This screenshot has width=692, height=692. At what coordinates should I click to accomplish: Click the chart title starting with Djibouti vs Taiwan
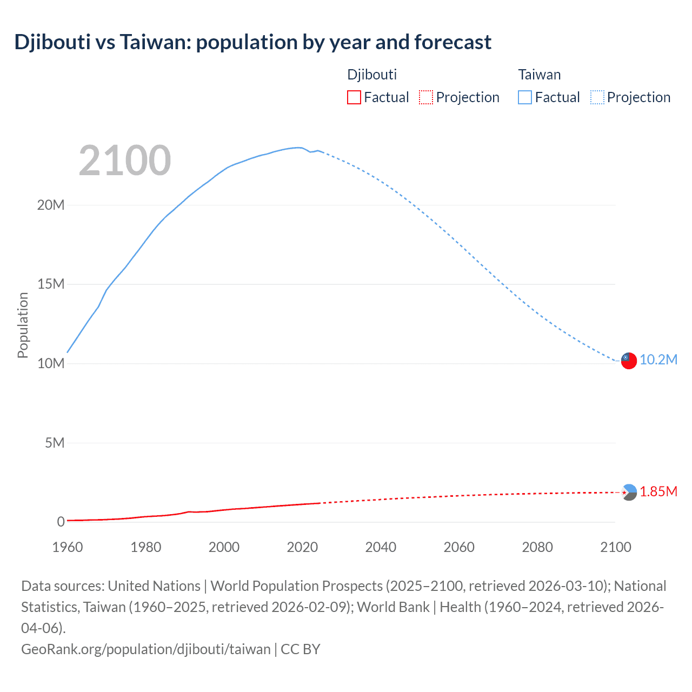click(x=252, y=42)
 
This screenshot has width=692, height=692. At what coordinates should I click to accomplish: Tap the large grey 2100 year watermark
click(x=125, y=161)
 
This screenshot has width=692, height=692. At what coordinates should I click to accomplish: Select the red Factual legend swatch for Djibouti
click(x=354, y=97)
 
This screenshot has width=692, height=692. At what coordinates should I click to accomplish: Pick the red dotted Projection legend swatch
click(x=426, y=97)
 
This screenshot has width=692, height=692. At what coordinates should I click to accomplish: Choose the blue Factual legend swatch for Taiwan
click(x=524, y=97)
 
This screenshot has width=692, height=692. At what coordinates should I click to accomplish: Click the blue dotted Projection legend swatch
click(x=597, y=97)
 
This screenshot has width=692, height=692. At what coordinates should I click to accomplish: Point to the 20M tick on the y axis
click(x=51, y=205)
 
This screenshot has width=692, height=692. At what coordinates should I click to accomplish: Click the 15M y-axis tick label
click(x=51, y=284)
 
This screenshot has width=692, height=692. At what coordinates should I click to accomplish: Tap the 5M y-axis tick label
click(x=54, y=443)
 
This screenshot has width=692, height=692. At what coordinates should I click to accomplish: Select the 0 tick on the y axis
click(x=61, y=522)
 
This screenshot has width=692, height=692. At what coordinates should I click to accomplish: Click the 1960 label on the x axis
click(x=68, y=547)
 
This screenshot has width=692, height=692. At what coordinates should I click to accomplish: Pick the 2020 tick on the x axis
click(x=302, y=547)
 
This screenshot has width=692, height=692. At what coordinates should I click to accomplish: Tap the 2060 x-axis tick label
click(x=459, y=547)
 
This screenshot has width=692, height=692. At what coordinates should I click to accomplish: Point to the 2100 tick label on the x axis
click(x=616, y=547)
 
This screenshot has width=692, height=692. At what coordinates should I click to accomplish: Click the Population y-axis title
click(x=23, y=325)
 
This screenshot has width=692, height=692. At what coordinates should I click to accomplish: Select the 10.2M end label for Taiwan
click(x=658, y=360)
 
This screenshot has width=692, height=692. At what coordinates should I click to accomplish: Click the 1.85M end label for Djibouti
click(x=658, y=492)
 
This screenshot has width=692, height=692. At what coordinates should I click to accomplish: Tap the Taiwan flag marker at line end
click(x=629, y=361)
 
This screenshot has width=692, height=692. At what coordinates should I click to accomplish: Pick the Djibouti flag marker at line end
click(x=629, y=493)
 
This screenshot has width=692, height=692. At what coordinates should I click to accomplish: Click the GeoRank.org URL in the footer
click(x=146, y=649)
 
